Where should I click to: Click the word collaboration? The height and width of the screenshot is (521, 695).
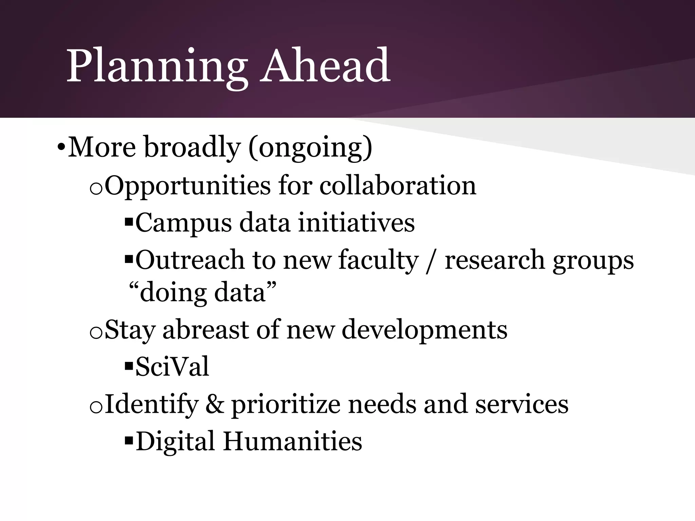(397, 186)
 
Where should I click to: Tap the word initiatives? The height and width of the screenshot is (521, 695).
(356, 223)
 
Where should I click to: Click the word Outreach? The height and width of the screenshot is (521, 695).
(190, 260)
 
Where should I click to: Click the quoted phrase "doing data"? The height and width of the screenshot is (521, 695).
(203, 292)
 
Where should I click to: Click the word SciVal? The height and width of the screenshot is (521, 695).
(172, 367)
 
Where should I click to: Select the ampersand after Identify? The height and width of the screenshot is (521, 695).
(214, 404)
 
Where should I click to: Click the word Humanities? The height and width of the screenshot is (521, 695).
(292, 441)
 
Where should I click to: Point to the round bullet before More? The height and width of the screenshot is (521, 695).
(60, 148)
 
